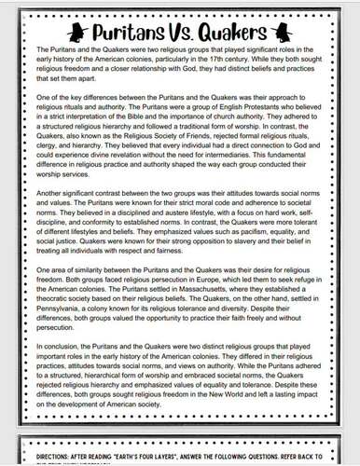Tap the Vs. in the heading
tap(177, 22)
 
